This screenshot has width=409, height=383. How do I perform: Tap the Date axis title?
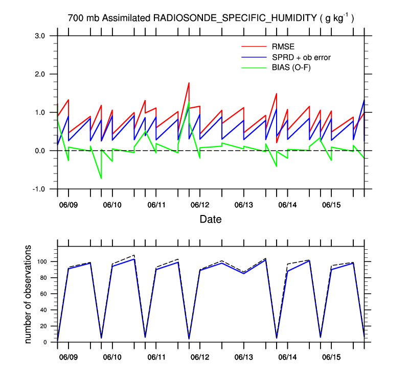pos(211,220)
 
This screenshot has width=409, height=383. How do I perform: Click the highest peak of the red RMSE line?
pos(189,83)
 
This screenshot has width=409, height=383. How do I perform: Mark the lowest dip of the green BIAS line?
pos(101,178)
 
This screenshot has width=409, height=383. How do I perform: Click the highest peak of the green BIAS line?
pos(189,102)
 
